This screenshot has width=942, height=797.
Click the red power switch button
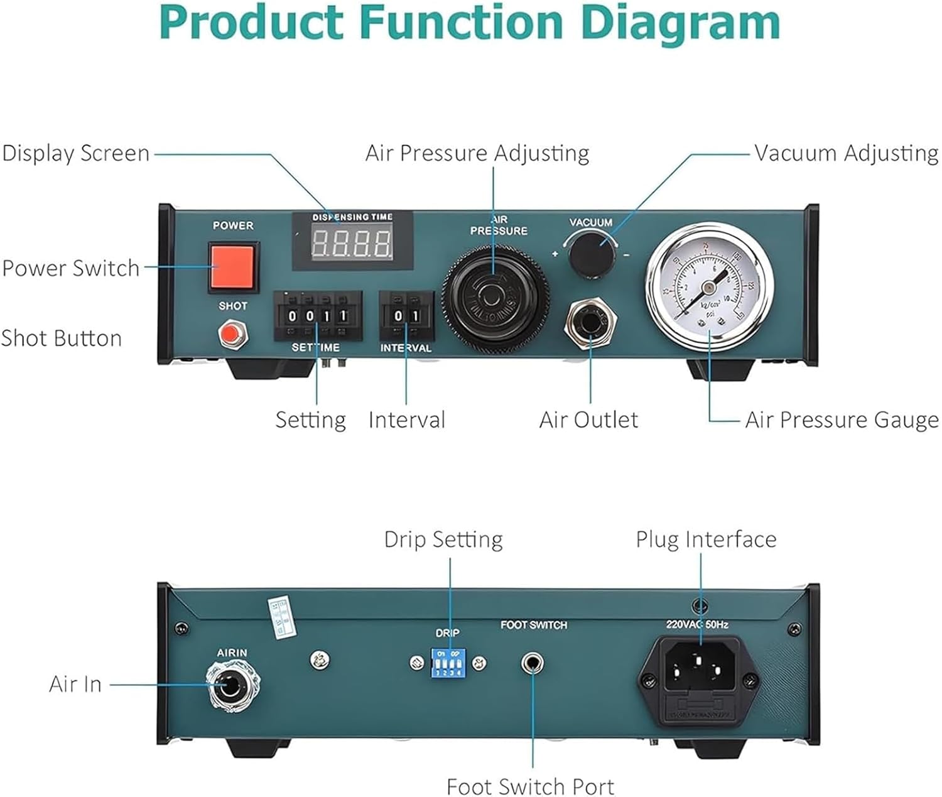click(232, 267)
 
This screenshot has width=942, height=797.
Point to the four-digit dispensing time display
click(352, 242)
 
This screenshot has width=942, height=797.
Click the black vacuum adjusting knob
click(591, 254)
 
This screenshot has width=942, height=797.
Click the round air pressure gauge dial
click(709, 286)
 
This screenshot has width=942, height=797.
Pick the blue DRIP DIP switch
click(448, 663)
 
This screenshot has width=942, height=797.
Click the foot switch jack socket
click(533, 663)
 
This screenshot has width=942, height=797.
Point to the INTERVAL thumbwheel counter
click(406, 315)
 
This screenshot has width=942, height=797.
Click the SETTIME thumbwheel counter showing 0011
click(318, 315)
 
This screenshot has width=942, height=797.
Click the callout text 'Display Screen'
click(76, 153)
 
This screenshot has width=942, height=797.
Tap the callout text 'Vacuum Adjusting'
click(846, 153)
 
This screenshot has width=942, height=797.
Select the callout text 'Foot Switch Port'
click(531, 786)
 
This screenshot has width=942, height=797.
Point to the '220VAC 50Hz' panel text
click(697, 624)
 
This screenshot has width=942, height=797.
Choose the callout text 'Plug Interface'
click(706, 539)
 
